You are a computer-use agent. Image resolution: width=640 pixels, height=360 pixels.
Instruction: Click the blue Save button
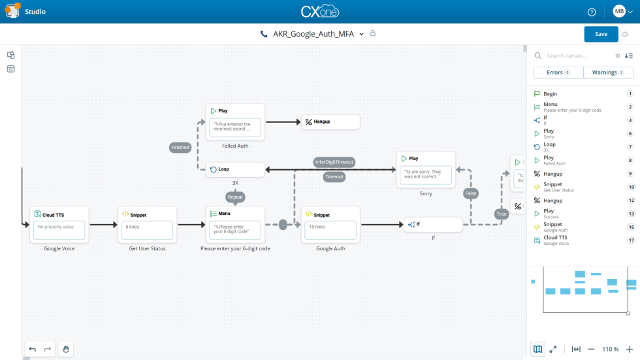[x=601, y=34]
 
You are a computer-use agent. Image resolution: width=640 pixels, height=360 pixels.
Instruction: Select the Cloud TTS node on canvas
[x=59, y=224]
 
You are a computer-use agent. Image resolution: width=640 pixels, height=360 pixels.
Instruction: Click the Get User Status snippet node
[x=147, y=224]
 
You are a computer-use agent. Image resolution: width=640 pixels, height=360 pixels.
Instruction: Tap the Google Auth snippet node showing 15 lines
[x=330, y=224]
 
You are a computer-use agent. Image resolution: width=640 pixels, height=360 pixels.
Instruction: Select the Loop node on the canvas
[x=235, y=170]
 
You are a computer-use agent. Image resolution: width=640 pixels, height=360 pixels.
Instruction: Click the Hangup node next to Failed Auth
[x=330, y=122]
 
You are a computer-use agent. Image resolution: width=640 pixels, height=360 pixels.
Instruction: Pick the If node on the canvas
[x=433, y=225]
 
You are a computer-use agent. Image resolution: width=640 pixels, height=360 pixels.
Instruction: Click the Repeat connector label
[x=235, y=197]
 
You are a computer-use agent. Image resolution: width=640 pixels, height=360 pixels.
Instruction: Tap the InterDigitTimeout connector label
[x=334, y=162]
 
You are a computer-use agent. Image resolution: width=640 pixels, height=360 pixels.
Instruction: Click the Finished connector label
[x=180, y=148]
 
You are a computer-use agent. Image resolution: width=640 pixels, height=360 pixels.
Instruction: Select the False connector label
[x=471, y=193]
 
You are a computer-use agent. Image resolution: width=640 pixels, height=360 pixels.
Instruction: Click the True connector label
[x=502, y=214]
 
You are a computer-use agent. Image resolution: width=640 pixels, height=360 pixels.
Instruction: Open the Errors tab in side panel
[x=558, y=73]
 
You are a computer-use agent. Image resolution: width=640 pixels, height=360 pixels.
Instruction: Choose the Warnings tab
[x=608, y=73]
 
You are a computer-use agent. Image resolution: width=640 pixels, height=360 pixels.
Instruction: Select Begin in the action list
[x=551, y=94]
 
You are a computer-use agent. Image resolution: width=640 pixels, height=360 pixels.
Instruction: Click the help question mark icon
[x=592, y=12]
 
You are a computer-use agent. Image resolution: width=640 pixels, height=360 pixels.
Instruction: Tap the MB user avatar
[x=619, y=12]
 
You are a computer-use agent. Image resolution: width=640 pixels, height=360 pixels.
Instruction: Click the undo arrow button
[x=33, y=350]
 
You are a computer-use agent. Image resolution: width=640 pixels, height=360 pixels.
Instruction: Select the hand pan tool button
[x=66, y=350]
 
